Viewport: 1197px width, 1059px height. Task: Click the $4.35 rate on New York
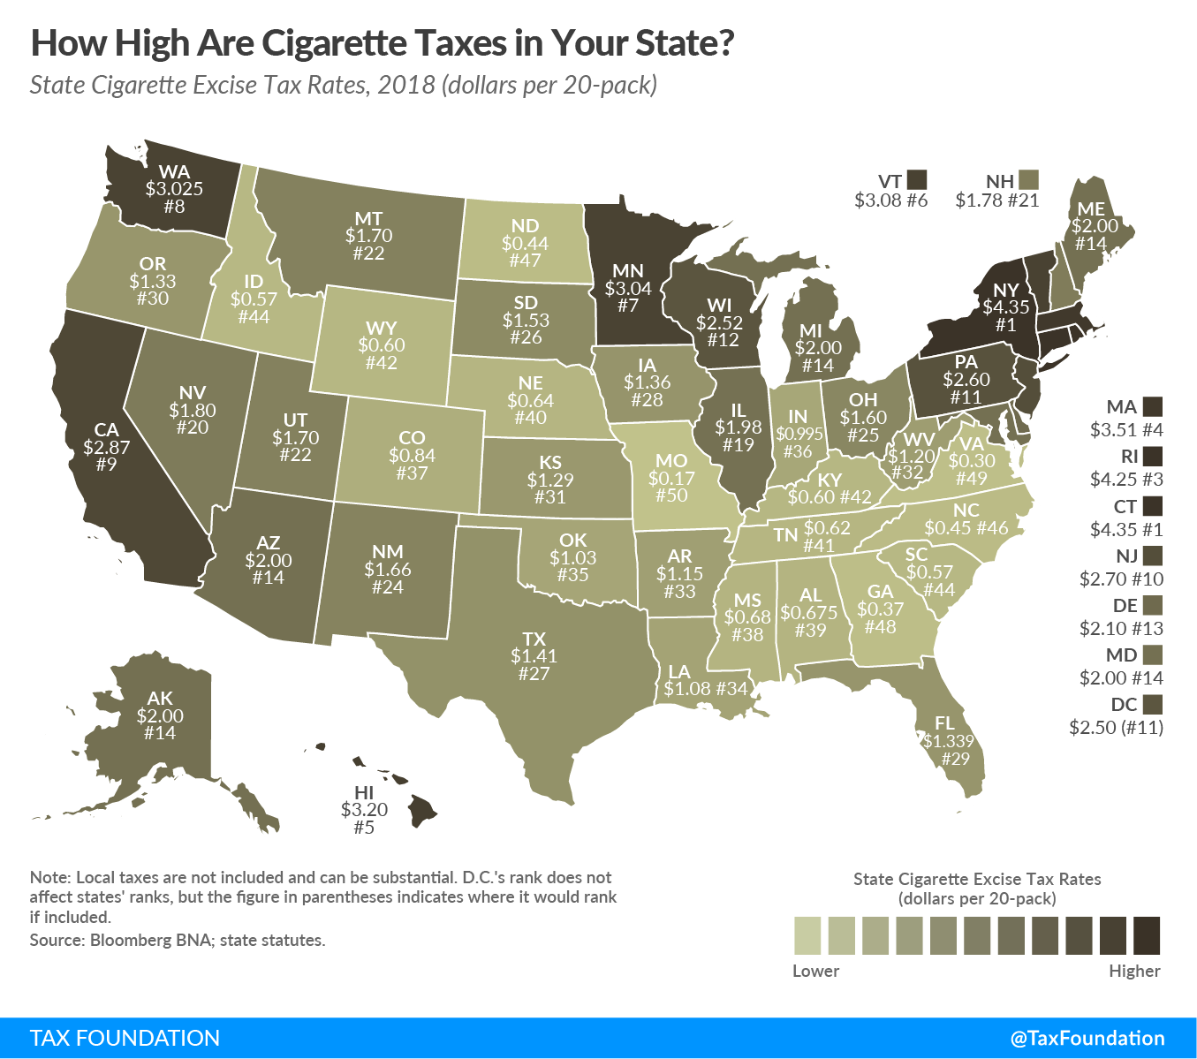[1006, 308]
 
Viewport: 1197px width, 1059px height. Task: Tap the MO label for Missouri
[671, 460]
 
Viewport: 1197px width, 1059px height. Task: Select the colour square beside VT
[917, 180]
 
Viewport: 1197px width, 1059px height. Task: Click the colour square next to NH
[1027, 180]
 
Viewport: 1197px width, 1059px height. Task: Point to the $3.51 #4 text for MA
[1125, 431]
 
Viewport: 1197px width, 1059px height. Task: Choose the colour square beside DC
[1152, 704]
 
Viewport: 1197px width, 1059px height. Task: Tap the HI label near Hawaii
[364, 792]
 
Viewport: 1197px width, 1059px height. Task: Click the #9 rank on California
[106, 464]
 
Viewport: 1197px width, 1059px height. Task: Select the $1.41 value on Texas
[534, 656]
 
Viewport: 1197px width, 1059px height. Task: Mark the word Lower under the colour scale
[815, 971]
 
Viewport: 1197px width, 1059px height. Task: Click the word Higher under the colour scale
[1134, 971]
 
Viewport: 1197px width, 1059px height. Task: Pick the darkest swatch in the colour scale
[1147, 935]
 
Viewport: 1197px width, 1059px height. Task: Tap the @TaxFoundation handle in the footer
[1087, 1038]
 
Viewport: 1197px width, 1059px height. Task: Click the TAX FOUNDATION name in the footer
[125, 1038]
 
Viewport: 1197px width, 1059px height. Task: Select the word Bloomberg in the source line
[127, 940]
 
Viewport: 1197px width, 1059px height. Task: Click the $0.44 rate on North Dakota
[525, 243]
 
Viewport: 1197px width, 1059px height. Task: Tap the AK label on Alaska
[160, 699]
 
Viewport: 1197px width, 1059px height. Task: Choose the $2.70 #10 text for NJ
[1121, 579]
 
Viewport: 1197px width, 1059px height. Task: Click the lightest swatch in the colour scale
[807, 935]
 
